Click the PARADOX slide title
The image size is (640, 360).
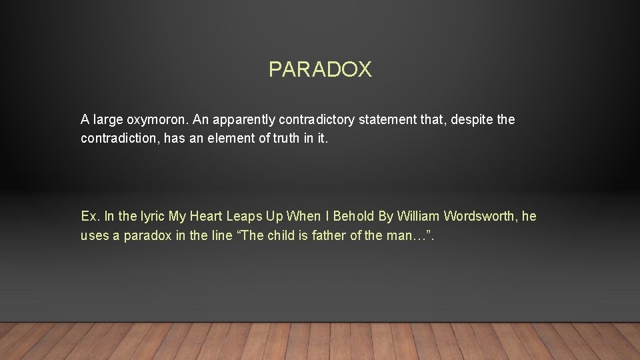click(320, 69)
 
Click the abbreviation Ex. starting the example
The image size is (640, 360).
click(90, 217)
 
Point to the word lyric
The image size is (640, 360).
click(151, 217)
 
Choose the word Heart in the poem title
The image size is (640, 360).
click(206, 217)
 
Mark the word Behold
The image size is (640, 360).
click(354, 217)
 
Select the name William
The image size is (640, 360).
click(419, 217)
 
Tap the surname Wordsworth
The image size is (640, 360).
click(480, 217)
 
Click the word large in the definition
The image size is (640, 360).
click(108, 121)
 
